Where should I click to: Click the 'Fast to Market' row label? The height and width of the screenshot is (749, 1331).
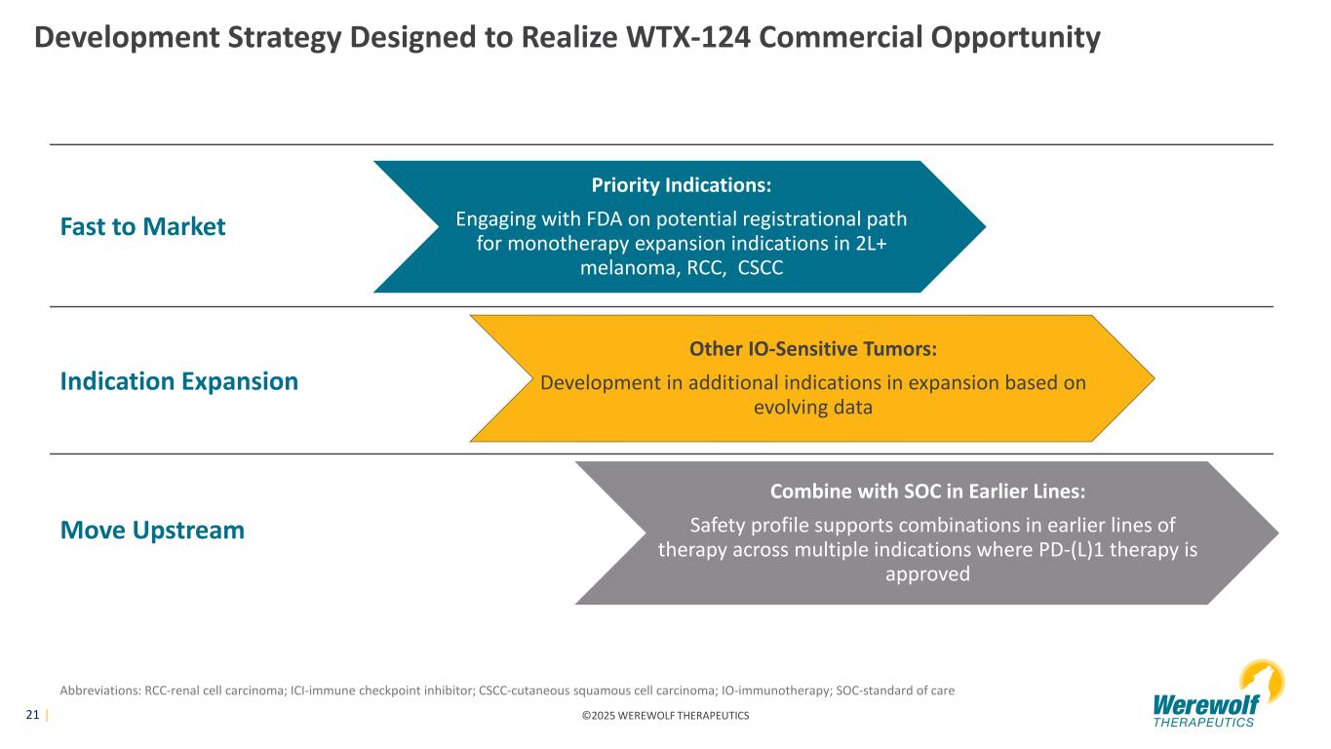click(x=142, y=226)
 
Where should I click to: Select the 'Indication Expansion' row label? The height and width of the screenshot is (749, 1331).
click(x=178, y=381)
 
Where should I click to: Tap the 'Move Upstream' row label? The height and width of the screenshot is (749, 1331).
click(x=152, y=531)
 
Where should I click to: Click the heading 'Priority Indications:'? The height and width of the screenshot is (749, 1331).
click(x=681, y=185)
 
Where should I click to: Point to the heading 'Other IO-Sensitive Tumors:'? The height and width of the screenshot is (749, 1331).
click(x=813, y=348)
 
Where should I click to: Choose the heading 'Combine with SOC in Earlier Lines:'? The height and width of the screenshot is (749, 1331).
click(x=927, y=491)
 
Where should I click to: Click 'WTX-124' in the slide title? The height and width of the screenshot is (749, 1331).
click(x=687, y=37)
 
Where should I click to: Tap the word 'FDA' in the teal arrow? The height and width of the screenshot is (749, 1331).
click(x=604, y=218)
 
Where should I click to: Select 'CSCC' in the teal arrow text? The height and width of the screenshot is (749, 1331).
click(x=760, y=267)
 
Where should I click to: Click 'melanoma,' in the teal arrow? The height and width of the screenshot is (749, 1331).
click(x=630, y=268)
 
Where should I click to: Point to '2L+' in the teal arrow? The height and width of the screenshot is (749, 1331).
click(x=871, y=244)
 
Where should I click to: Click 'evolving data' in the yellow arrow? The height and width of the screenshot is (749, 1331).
click(x=813, y=408)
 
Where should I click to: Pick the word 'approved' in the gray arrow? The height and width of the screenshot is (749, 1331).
click(x=927, y=574)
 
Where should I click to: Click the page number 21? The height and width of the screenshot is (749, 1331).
click(x=32, y=715)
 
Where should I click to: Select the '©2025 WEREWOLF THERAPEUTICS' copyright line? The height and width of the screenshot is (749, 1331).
click(x=665, y=716)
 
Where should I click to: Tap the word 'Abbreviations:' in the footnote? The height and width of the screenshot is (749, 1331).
click(x=100, y=690)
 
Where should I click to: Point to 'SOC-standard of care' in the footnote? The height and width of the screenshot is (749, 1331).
click(x=895, y=690)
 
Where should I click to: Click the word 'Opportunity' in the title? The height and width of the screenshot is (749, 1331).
click(x=1015, y=38)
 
